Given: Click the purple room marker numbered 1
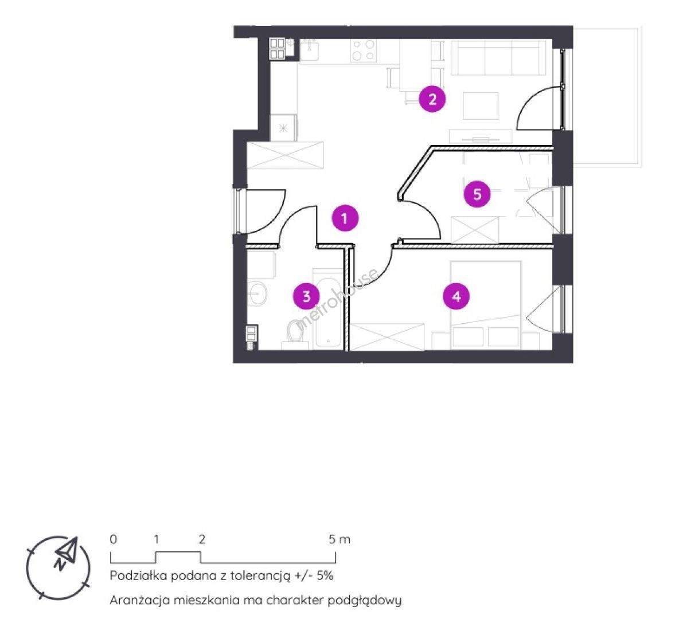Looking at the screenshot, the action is [x=345, y=218].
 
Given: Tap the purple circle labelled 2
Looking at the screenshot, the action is [x=432, y=100].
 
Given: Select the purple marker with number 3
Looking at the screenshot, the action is [x=307, y=296].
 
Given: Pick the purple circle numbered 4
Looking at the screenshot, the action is [x=456, y=296].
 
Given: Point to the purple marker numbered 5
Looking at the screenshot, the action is [x=477, y=194].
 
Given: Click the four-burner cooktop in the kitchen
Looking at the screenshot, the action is [x=364, y=50].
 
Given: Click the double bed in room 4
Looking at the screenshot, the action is [x=485, y=305].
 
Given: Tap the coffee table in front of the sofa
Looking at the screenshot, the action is [x=481, y=105].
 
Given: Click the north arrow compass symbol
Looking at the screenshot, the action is [x=58, y=567].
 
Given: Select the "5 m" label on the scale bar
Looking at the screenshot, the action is [x=339, y=539].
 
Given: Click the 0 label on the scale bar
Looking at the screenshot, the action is [x=113, y=539].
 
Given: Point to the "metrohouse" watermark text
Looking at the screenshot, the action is [x=337, y=300].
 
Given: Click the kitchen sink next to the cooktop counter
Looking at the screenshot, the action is [x=309, y=50].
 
